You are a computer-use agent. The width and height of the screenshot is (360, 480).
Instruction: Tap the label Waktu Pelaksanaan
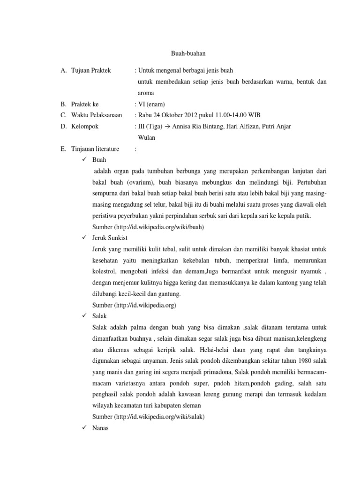coord(97,115)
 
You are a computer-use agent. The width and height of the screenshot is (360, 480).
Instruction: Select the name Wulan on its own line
coord(146,138)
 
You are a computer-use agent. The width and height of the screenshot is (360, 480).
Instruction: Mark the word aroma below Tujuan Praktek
coord(146,93)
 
